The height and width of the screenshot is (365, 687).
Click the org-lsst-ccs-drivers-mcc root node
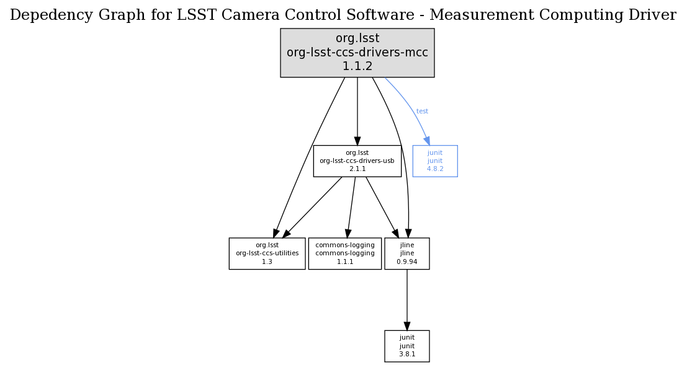(357, 53)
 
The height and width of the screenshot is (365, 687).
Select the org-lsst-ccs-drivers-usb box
(357, 161)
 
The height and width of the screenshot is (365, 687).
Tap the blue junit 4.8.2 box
(434, 161)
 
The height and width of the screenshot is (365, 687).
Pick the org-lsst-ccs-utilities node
(267, 253)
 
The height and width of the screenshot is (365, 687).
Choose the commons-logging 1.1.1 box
(344, 253)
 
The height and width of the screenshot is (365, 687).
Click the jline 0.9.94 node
(406, 253)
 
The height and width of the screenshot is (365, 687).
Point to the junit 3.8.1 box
(406, 346)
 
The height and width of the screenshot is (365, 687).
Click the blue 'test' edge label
(422, 112)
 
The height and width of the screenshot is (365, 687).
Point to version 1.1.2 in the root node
(357, 66)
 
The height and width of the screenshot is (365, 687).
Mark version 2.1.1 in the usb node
(357, 169)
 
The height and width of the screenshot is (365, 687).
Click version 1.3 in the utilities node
(267, 262)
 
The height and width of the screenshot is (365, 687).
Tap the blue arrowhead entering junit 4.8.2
(427, 141)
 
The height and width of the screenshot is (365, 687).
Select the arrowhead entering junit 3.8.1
(406, 326)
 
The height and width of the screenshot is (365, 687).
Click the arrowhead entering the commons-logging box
(348, 233)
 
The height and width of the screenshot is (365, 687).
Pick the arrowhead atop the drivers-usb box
(357, 141)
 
